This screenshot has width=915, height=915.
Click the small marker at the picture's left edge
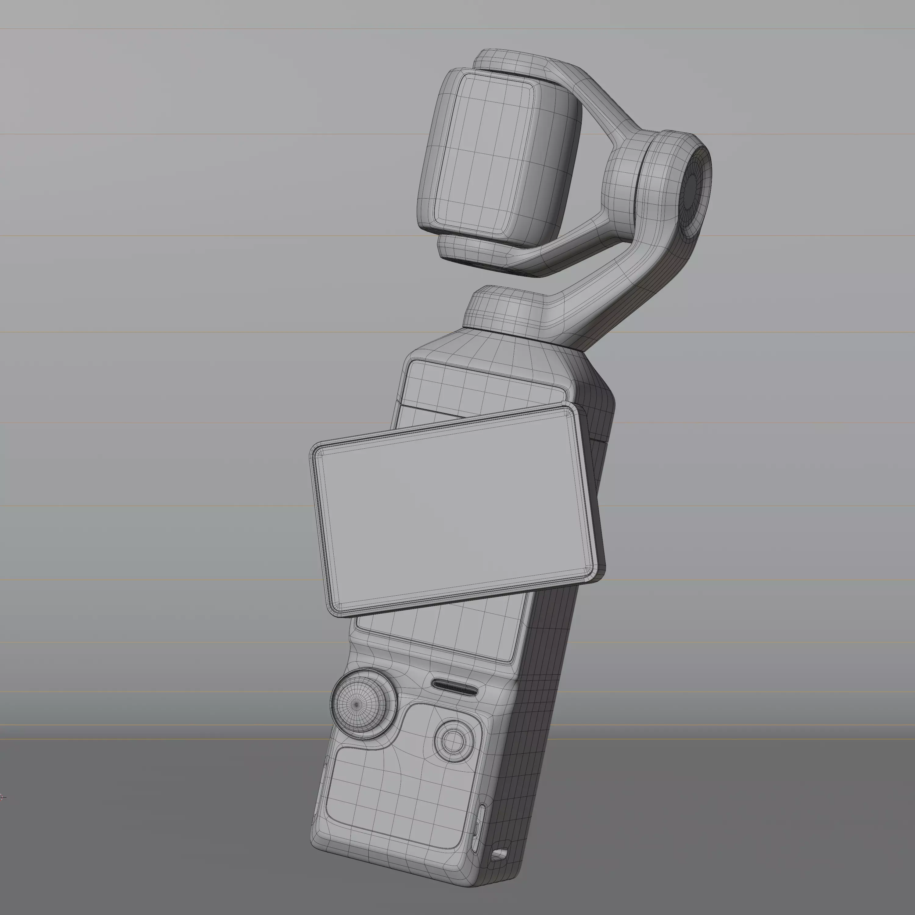click(x=2, y=797)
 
